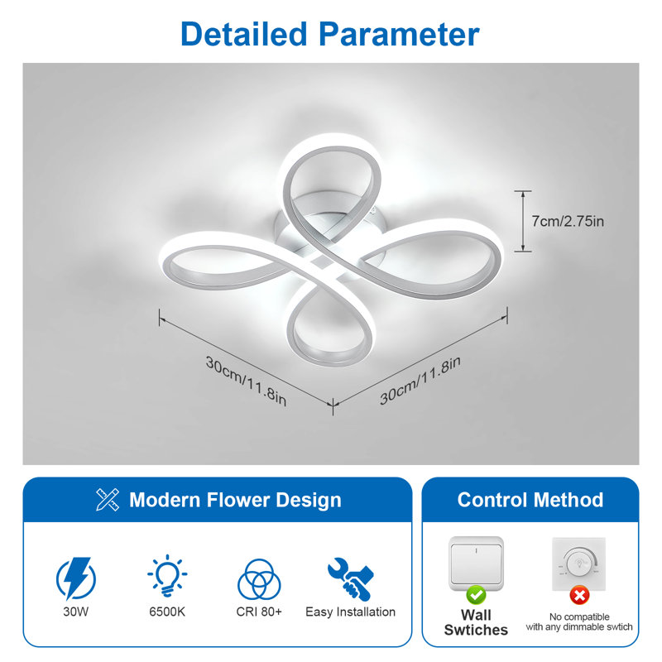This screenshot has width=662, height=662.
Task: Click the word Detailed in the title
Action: point(243,34)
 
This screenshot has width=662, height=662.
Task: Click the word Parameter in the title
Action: point(399,34)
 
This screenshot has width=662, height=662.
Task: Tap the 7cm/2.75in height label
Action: point(568,221)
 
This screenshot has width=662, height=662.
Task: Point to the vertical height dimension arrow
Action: point(523,221)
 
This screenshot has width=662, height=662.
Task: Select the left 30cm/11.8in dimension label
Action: point(246,381)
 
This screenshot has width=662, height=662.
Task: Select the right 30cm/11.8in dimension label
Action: point(420,381)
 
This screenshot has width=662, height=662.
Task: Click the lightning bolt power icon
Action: point(76,578)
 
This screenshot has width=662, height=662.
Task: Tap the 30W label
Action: point(76,612)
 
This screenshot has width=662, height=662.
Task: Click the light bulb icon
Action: point(167,575)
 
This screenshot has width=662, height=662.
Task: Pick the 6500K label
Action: point(167,612)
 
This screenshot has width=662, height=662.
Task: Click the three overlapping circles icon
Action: point(259,579)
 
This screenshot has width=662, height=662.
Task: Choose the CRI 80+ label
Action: point(259,612)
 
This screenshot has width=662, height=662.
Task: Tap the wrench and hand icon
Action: point(350,578)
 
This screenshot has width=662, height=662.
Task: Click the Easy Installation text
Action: point(350,612)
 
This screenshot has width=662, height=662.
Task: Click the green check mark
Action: point(477,595)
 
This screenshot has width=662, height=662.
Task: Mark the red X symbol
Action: point(579,595)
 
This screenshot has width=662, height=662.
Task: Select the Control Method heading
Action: point(530,500)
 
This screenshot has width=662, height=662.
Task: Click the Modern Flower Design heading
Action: point(235,500)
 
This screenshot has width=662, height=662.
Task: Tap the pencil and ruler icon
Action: point(108,500)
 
